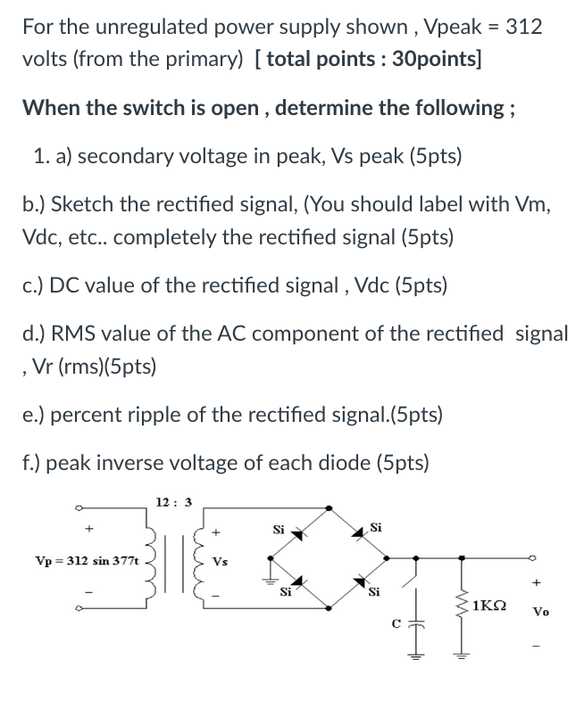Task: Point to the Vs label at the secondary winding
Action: point(220,563)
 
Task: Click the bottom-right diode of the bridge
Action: point(363,582)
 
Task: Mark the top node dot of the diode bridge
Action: point(331,508)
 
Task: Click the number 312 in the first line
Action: point(523,26)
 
